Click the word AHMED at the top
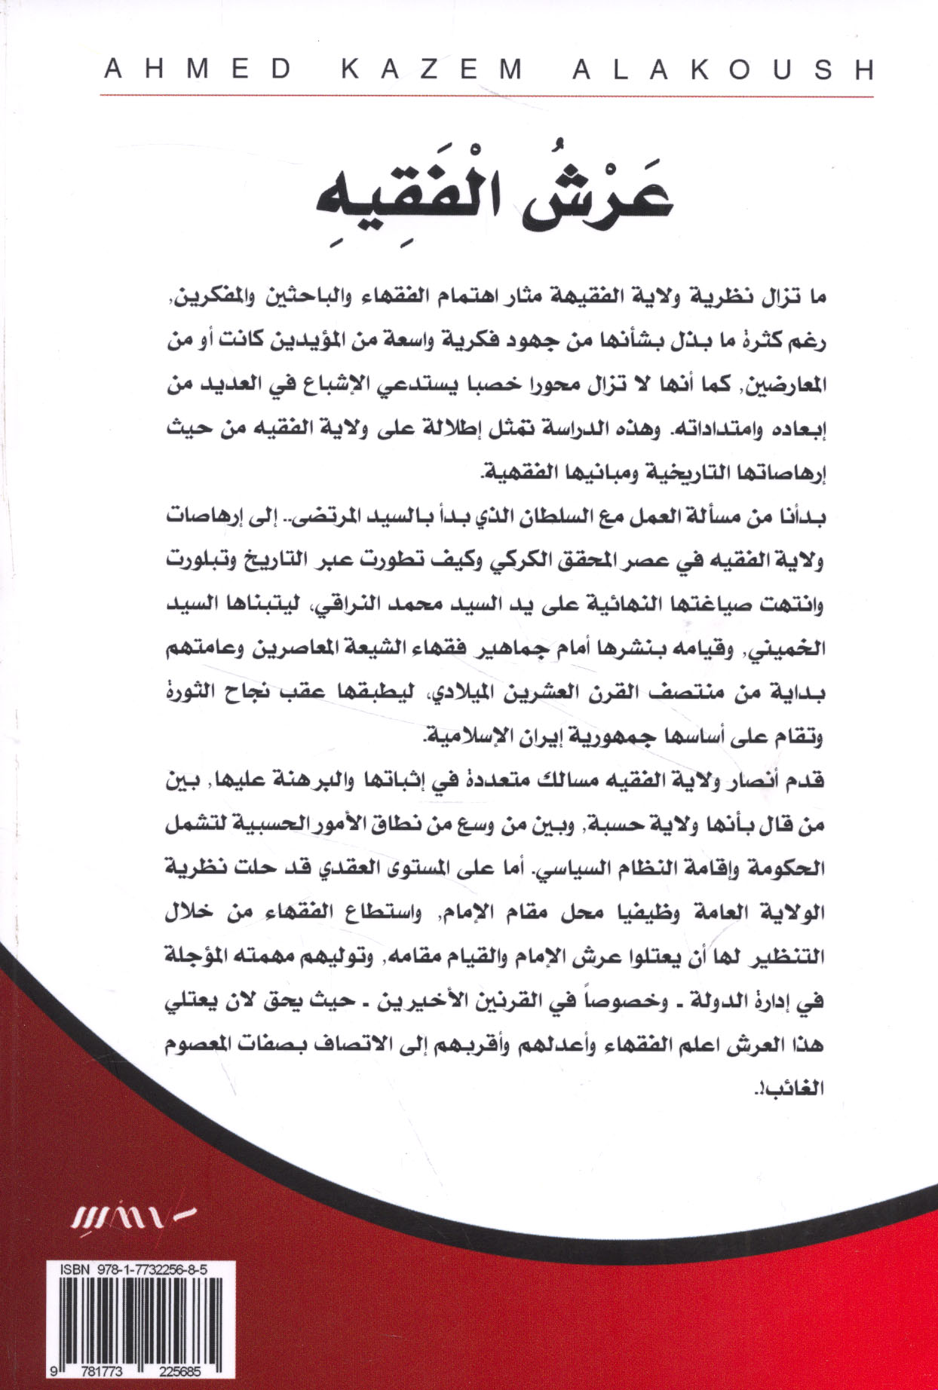pos(198,70)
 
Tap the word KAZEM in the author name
pos(432,70)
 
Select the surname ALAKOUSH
pos(723,70)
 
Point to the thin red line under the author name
pos(486,96)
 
